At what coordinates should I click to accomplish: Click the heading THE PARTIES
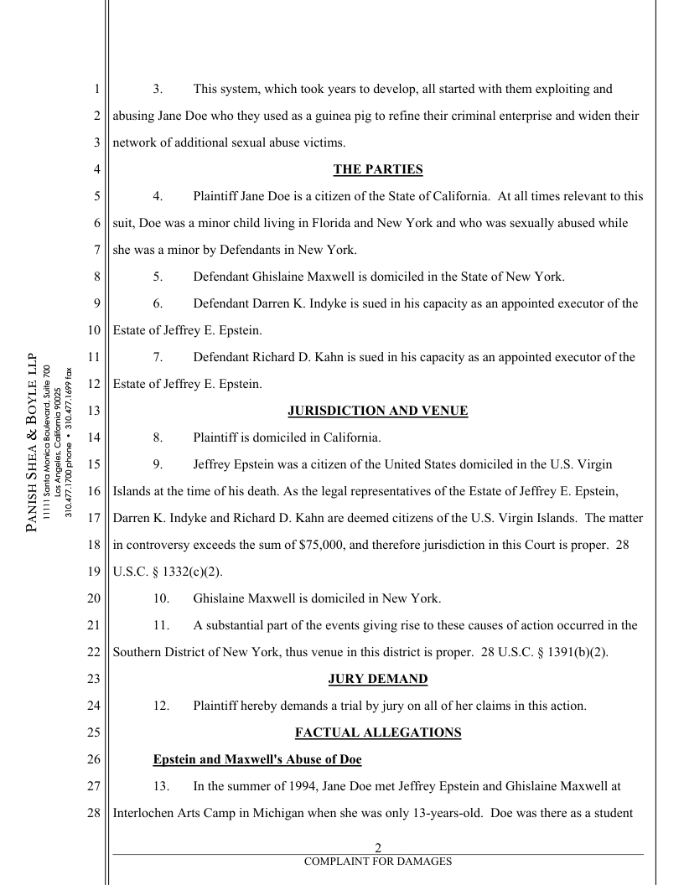tap(377, 169)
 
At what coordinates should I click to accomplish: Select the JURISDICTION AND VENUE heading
tap(377, 411)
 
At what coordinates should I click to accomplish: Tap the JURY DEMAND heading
tap(377, 679)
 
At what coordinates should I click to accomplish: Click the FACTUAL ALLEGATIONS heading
tap(377, 732)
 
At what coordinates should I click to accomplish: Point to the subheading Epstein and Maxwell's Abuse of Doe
tap(257, 759)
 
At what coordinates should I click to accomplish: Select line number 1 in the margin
tap(98, 89)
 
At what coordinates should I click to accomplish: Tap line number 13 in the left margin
tap(95, 411)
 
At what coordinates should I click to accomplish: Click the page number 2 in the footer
tap(377, 847)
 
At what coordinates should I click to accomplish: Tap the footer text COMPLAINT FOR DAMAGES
tap(377, 861)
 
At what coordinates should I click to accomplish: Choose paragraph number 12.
tap(161, 706)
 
